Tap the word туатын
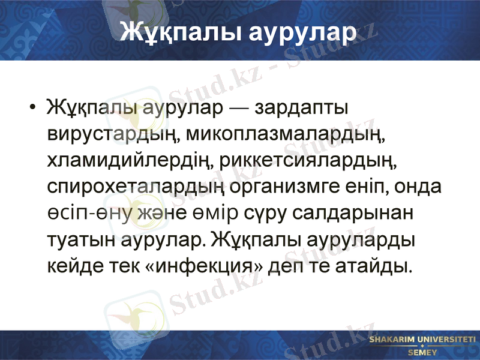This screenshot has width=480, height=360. [x=77, y=239]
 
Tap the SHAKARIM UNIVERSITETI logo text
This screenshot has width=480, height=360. [x=422, y=340]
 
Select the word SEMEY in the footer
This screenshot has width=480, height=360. [x=422, y=352]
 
